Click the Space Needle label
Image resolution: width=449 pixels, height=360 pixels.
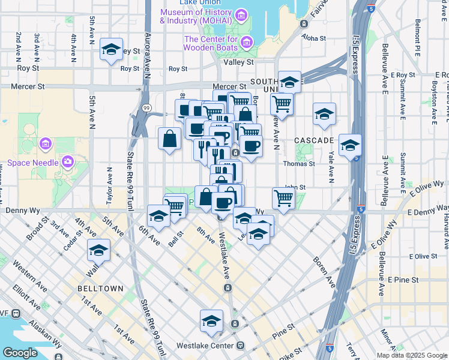coord(33,163)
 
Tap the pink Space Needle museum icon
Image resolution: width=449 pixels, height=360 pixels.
coord(68,161)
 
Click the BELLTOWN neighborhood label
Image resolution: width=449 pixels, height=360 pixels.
coord(100,289)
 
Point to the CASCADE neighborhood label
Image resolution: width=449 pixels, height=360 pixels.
coord(314,140)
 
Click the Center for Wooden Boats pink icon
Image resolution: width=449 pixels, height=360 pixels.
coord(248,43)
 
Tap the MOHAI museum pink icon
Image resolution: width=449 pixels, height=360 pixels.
coord(241,15)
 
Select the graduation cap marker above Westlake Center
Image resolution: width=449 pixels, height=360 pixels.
coord(212,321)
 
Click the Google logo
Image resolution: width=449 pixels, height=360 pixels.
coord(19,352)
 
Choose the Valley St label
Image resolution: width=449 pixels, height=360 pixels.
coord(238,62)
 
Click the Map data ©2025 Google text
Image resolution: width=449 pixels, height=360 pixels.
coord(411,355)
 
